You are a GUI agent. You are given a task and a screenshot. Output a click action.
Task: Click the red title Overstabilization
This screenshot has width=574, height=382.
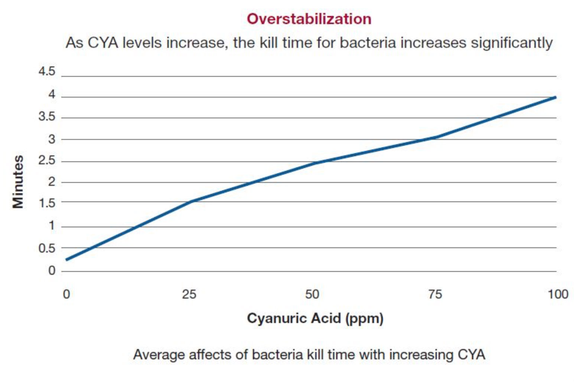(309, 19)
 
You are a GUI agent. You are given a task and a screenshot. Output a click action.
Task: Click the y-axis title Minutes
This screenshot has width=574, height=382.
(18, 182)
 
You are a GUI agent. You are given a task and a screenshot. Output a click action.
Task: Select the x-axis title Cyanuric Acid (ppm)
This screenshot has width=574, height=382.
(315, 318)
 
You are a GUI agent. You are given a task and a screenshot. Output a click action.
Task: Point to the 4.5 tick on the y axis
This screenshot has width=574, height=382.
(47, 71)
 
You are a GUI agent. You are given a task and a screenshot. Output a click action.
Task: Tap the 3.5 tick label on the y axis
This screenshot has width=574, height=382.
(47, 117)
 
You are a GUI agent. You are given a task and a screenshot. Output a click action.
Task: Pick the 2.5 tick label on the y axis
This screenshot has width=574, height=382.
(47, 161)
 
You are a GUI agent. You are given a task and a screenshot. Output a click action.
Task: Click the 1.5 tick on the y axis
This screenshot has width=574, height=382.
(47, 203)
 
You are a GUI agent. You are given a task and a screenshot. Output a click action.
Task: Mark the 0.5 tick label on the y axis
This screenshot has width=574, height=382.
(47, 248)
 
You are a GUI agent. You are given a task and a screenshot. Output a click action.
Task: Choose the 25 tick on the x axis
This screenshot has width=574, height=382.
(189, 294)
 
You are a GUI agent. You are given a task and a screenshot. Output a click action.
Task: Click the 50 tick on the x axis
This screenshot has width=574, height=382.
(312, 294)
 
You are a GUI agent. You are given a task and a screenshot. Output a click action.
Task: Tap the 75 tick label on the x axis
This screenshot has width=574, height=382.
(435, 294)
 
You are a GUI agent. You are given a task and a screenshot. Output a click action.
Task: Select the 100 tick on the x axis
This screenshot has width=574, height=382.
(558, 294)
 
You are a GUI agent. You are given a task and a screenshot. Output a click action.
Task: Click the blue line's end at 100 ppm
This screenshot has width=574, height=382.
(555, 97)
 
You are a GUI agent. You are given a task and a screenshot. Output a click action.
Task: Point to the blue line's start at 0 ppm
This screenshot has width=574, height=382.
(67, 259)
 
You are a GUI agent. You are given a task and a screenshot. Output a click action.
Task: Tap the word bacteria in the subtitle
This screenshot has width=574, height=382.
(368, 43)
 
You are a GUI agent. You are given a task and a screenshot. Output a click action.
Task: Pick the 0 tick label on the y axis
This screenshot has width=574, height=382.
(52, 271)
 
